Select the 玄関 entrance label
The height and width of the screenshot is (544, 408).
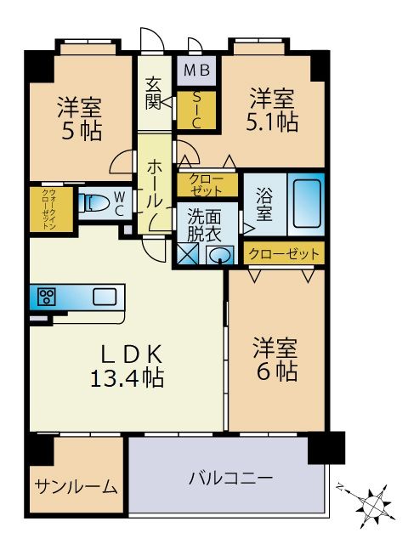click(154, 93)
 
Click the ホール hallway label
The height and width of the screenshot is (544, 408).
click(153, 183)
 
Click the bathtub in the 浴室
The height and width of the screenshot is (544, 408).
click(305, 203)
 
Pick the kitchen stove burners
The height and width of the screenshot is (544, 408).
click(45, 297)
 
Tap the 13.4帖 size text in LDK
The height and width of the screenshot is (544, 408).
click(127, 377)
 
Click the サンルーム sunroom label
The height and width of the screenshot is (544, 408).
click(76, 487)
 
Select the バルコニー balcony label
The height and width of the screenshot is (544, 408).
click(230, 479)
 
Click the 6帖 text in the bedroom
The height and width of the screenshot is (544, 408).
click(275, 371)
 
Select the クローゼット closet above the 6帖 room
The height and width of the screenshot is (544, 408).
click(284, 253)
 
